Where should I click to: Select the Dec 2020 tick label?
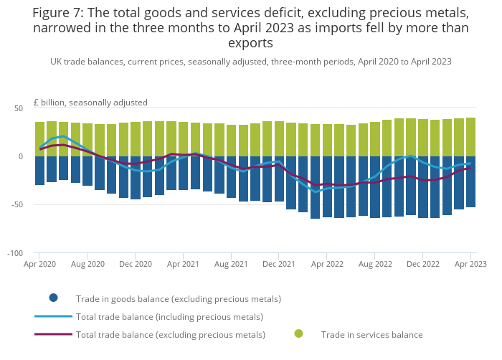pyautogui.click(x=135, y=264)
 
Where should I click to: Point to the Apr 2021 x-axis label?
pyautogui.click(x=183, y=264)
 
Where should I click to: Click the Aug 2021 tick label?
pyautogui.click(x=231, y=264)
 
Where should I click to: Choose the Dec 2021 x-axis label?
pyautogui.click(x=279, y=264)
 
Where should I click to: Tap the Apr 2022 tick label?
pyautogui.click(x=326, y=264)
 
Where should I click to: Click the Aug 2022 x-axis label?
pyautogui.click(x=374, y=264)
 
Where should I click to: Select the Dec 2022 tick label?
pyautogui.click(x=422, y=264)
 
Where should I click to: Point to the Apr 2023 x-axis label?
pyautogui.click(x=470, y=264)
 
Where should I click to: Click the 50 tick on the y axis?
pyautogui.click(x=19, y=108)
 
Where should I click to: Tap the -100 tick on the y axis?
pyautogui.click(x=15, y=254)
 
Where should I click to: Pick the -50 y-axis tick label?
pyautogui.click(x=16, y=205)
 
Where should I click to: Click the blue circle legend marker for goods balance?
pyautogui.click(x=53, y=298)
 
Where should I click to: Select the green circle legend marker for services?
pyautogui.click(x=298, y=333)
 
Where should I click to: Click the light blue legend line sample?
pyautogui.click(x=53, y=316)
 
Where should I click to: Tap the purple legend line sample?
pyautogui.click(x=53, y=334)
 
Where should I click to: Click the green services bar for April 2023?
pyautogui.click(x=471, y=137)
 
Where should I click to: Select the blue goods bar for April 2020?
pyautogui.click(x=40, y=171)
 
